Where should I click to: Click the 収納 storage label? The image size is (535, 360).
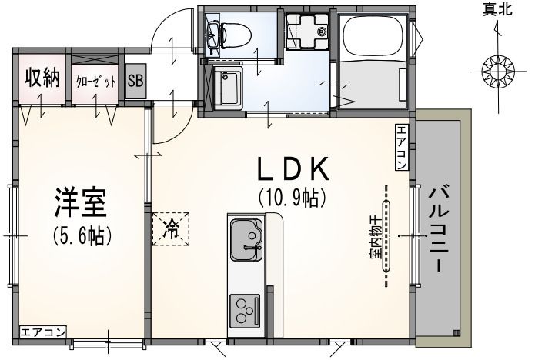pos(42,78)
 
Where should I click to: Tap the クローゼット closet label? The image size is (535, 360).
pos(95,81)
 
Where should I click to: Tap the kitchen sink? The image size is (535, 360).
pos(246,241)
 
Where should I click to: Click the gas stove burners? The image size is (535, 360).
pos(246,310)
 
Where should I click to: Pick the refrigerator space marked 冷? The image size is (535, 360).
pos(171,228)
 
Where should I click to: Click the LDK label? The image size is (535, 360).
pos(293,168)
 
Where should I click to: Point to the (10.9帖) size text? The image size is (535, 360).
pos(293,198)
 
